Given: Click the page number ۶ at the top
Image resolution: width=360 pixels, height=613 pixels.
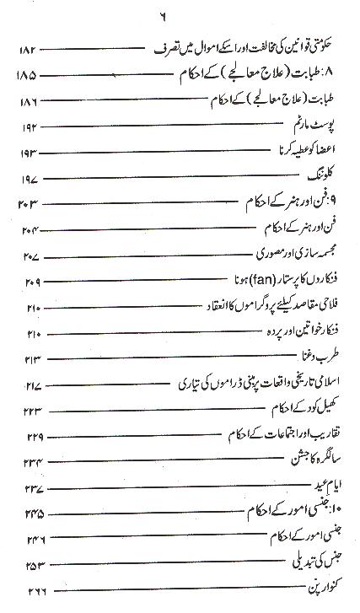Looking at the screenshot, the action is click(180, 14).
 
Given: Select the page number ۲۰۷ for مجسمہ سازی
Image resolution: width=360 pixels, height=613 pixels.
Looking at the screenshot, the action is click(28, 255).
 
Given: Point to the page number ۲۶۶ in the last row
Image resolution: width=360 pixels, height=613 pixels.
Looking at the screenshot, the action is click(28, 589).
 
